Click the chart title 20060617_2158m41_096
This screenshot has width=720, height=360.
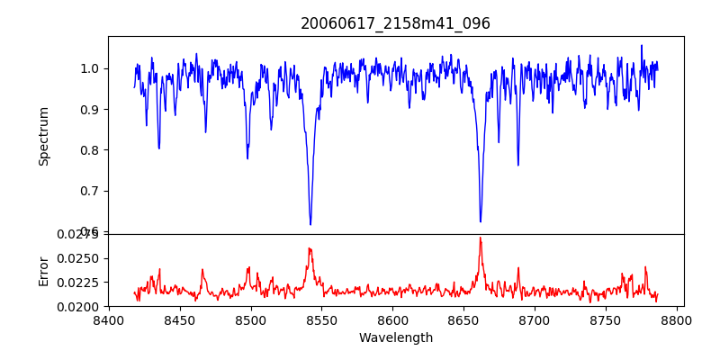pyautogui.click(x=395, y=23)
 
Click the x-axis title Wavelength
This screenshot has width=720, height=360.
pyautogui.click(x=395, y=338)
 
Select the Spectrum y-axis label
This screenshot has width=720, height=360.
pyautogui.click(x=43, y=136)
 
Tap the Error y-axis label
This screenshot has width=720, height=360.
pyautogui.click(x=43, y=271)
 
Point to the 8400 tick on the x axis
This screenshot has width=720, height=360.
pyautogui.click(x=109, y=319)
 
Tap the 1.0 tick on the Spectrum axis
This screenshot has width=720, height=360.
pyautogui.click(x=89, y=68)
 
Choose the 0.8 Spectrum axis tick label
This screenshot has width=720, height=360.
pyautogui.click(x=89, y=150)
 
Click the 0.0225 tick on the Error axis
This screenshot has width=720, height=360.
pyautogui.click(x=79, y=283)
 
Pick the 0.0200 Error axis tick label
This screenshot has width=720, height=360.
pyautogui.click(x=79, y=307)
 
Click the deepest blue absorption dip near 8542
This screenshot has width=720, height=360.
pyautogui.click(x=310, y=224)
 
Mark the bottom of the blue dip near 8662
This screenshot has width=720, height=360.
pyautogui.click(x=481, y=221)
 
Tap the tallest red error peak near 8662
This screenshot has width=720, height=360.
pyautogui.click(x=481, y=238)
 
